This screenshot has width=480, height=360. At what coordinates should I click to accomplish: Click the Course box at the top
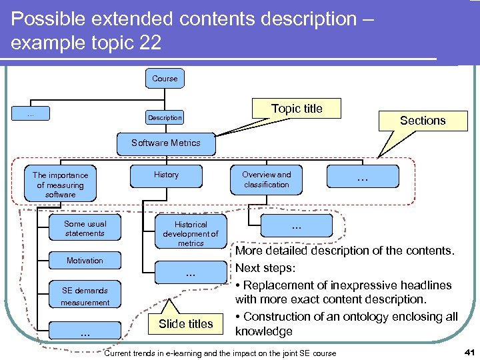(x=165, y=79)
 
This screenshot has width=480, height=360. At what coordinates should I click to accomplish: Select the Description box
(x=165, y=117)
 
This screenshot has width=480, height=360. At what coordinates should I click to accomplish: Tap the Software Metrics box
(x=165, y=143)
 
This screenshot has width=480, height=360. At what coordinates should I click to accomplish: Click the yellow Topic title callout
(x=297, y=109)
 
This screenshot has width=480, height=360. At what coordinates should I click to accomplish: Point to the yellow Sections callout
(x=422, y=121)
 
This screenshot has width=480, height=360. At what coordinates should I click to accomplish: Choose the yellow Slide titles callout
(x=185, y=324)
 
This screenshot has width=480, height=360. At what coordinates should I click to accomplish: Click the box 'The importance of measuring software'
(x=60, y=185)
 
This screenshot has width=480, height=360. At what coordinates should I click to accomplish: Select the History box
(x=166, y=175)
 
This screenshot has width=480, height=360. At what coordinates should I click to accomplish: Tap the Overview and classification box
(x=266, y=179)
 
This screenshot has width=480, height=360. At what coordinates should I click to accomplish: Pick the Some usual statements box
(x=85, y=229)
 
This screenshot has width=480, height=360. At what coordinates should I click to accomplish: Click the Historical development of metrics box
(x=191, y=233)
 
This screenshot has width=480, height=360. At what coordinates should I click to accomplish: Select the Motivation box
(x=85, y=260)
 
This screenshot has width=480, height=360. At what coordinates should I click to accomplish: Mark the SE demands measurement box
(x=85, y=297)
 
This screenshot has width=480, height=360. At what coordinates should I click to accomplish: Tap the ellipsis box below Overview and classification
(x=296, y=226)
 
